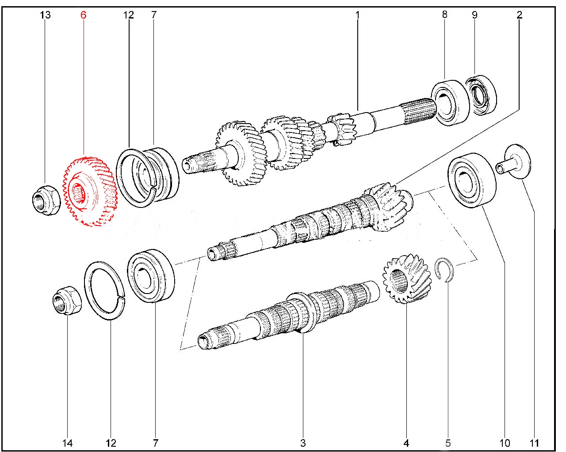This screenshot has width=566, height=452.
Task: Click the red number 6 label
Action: pos(83,15)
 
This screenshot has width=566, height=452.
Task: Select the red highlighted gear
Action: pos(90,192)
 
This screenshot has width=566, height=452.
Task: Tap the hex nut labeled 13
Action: pos(46,200)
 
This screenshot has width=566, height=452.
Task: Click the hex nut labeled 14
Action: pos(67,300)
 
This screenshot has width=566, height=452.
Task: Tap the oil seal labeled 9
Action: pos(481,95)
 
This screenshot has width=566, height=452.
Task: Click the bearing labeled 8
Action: pos(450,103)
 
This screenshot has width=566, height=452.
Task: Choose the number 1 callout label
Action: pos(357,15)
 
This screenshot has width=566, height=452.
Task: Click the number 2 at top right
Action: pos(519,15)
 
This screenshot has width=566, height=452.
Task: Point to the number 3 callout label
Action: pos(303,443)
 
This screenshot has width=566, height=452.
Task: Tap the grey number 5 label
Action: pos(448,443)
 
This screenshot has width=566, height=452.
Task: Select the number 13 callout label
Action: pos(45,15)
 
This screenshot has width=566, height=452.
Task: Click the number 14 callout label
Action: pos(67,443)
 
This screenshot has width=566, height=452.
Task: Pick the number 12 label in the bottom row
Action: pos(111,443)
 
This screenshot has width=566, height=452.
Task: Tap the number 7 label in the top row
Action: pos(154,15)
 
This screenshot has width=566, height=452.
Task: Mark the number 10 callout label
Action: pos(505,443)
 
